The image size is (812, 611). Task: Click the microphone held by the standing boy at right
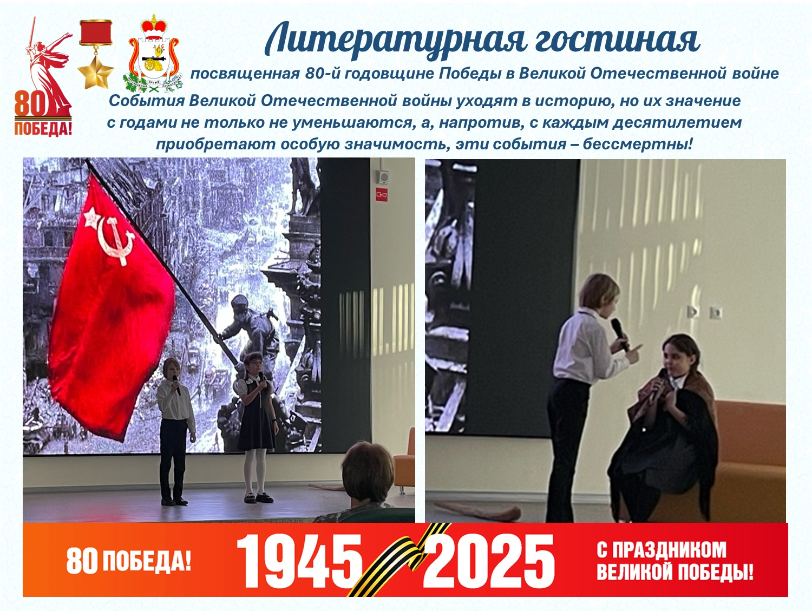(x=620, y=334)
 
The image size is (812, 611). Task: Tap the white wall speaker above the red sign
(x=383, y=176)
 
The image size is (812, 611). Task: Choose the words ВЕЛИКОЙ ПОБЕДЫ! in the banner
(x=675, y=572)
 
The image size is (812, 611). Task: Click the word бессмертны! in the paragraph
(x=637, y=143)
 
